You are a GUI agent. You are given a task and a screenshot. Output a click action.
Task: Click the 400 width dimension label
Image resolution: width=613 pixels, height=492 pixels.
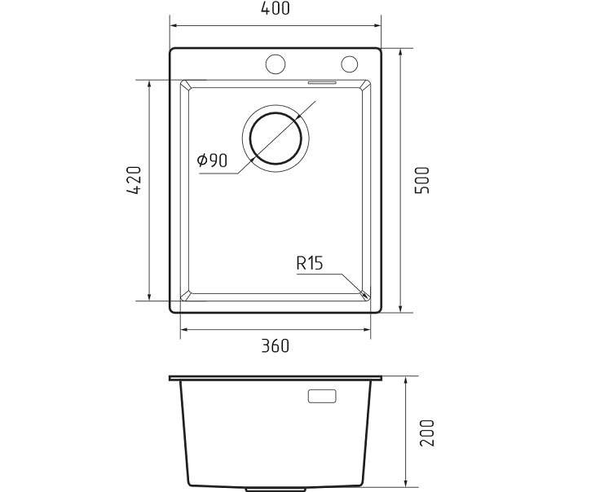tap(276, 9)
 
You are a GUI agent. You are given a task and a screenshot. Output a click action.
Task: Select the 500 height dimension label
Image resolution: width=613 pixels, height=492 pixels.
tap(422, 180)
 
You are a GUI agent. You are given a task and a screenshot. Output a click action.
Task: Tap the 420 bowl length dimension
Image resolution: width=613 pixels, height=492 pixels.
tap(134, 180)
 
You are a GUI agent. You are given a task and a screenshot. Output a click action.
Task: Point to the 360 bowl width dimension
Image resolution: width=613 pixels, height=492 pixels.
tap(276, 346)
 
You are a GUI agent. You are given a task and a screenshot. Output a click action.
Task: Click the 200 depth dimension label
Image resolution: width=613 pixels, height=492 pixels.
tap(427, 433)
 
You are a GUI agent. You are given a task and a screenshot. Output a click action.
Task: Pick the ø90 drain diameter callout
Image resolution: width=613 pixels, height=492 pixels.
tap(212, 160)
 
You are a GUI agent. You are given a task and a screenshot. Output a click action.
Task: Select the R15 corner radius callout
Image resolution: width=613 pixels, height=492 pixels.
tap(310, 263)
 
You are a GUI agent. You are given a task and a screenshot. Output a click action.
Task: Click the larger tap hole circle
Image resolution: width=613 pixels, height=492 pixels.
tap(276, 64)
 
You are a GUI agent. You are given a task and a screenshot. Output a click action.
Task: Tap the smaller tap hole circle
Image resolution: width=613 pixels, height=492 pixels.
tap(350, 64)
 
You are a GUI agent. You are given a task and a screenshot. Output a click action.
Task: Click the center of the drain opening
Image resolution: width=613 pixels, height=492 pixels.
tap(276, 138)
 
